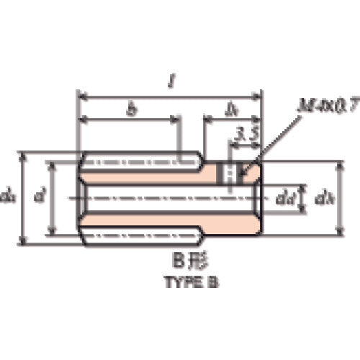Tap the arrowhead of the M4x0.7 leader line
pyautogui.click(x=246, y=173)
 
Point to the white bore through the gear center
pyautogui.click(x=166, y=197)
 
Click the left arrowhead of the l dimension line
pyautogui.click(x=81, y=95)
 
